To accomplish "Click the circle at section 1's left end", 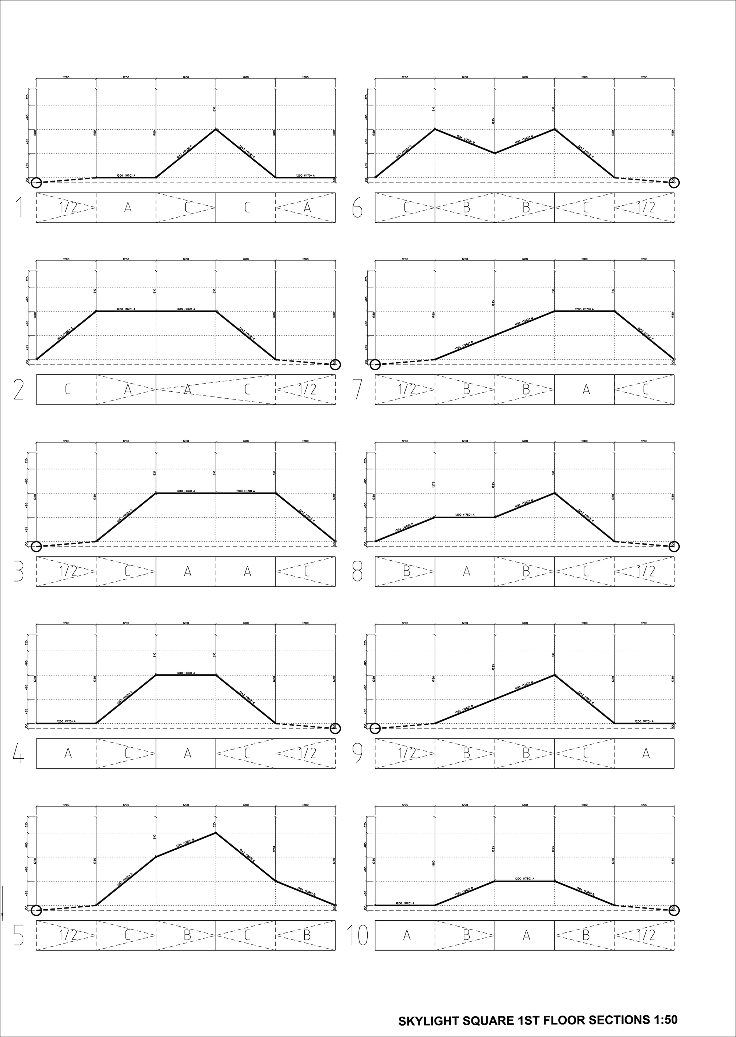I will pyautogui.click(x=36, y=183).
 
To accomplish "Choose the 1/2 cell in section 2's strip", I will pyautogui.click(x=306, y=389).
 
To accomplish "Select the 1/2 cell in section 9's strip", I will pyautogui.click(x=406, y=753).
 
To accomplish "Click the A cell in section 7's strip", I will pyautogui.click(x=585, y=389).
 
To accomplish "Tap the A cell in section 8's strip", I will pyautogui.click(x=466, y=571).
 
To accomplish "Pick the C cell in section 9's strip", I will pyautogui.click(x=585, y=753).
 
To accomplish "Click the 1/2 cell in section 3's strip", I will pyautogui.click(x=67, y=571).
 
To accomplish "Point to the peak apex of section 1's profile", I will pyautogui.click(x=216, y=129).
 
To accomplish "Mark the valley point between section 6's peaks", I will pyautogui.click(x=495, y=153).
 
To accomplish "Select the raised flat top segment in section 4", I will pyautogui.click(x=186, y=675).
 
